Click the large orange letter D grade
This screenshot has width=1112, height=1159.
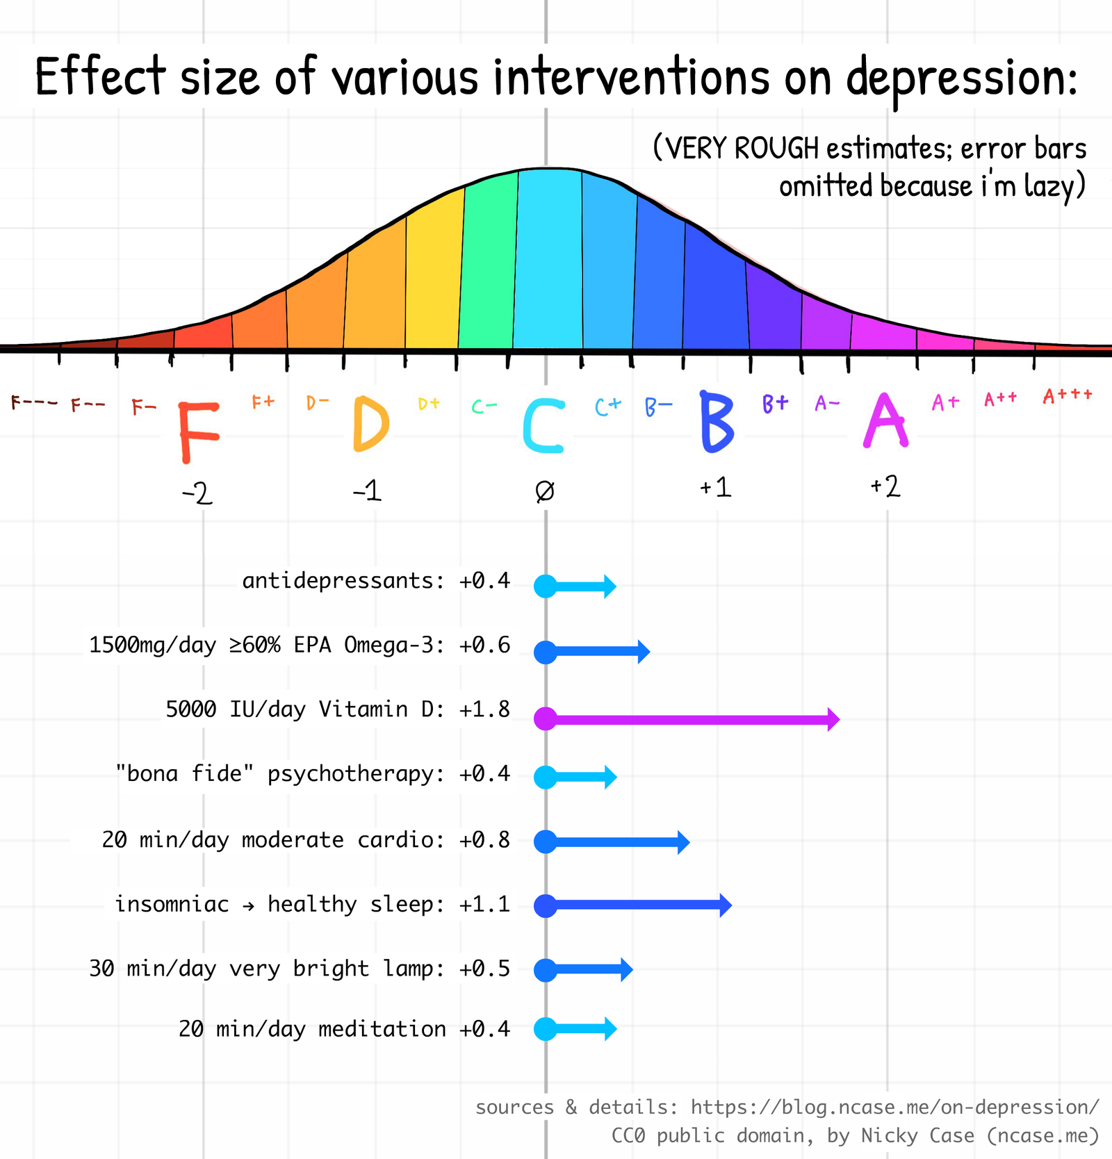click(370, 424)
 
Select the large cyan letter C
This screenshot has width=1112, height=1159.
click(543, 425)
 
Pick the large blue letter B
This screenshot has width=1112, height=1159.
click(717, 422)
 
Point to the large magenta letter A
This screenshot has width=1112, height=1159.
click(885, 420)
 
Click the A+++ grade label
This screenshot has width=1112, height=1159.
click(1067, 396)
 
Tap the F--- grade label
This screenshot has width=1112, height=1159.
click(33, 402)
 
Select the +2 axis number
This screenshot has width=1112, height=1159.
click(885, 486)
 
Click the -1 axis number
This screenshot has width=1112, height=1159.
click(367, 491)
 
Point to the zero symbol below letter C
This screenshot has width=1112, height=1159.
click(545, 491)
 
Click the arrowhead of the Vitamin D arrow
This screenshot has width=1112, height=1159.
click(833, 719)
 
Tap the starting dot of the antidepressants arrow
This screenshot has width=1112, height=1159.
click(546, 586)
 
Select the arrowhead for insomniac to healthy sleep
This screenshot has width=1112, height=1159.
click(725, 905)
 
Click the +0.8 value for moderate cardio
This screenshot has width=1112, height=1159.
click(484, 840)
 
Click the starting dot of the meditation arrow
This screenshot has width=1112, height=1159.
click(546, 1028)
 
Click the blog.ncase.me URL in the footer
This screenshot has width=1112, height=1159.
click(894, 1107)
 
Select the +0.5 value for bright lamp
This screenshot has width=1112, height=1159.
click(484, 969)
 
